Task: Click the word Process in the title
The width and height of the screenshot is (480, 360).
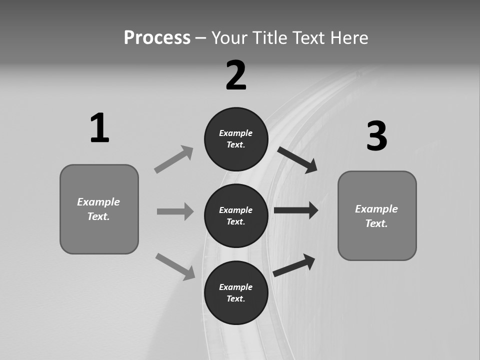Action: (157, 38)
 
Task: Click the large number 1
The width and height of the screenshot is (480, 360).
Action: (99, 128)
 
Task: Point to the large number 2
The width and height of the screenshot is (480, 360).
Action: (236, 75)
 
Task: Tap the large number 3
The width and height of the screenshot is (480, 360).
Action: (377, 136)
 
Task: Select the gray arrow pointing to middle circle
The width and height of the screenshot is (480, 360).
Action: (175, 211)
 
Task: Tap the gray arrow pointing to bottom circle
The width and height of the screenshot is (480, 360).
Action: (175, 266)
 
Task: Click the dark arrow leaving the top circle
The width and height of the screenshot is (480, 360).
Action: (297, 159)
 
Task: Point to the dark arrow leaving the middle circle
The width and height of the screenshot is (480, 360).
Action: (295, 210)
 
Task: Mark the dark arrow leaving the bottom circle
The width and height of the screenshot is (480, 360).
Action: (294, 265)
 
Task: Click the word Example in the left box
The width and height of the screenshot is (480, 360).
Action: (98, 202)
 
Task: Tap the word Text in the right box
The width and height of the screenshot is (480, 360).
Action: (376, 223)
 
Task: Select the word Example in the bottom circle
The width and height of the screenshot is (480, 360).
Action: (236, 287)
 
